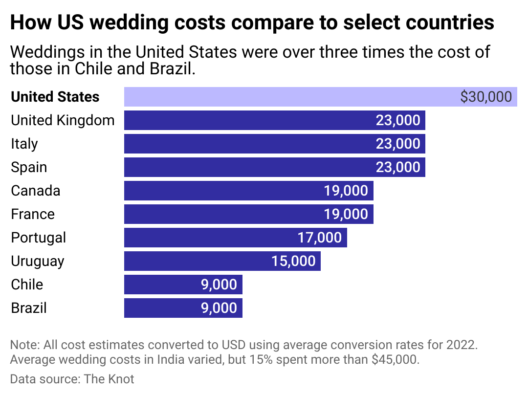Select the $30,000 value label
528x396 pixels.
(486, 97)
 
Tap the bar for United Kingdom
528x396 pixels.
(244, 120)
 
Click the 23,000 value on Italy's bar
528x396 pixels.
(397, 144)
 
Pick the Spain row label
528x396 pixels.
(29, 167)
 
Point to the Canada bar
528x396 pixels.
(220, 191)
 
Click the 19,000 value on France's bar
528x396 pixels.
(346, 214)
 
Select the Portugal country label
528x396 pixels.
(38, 238)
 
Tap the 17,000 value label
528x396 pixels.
(319, 238)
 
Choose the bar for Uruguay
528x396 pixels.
(196, 261)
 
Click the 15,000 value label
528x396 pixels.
(293, 261)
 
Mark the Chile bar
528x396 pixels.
(161, 285)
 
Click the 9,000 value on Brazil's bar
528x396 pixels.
(219, 308)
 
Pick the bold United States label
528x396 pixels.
(55, 97)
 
